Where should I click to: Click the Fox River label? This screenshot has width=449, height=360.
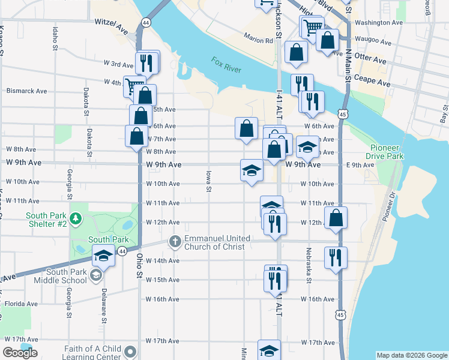tap(226, 65)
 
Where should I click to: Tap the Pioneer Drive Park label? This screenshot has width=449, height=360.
tap(387, 152)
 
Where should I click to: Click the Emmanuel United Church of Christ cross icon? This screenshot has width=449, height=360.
tap(175, 242)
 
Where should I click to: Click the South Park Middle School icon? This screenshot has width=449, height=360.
tap(95, 275)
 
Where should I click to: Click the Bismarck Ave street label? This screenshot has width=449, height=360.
tap(26, 91)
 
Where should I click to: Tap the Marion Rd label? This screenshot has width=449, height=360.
tap(259, 41)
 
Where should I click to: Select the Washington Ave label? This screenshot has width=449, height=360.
tap(378, 23)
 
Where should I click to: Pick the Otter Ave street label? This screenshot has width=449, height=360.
tap(370, 61)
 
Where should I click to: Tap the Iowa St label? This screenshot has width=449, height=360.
tap(209, 181)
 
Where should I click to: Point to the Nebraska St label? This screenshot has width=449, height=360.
tap(309, 265)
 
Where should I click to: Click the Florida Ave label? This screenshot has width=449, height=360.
tap(23, 304)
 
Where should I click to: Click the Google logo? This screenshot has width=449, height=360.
tap(19, 353)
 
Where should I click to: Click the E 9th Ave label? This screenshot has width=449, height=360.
tap(360, 165)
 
